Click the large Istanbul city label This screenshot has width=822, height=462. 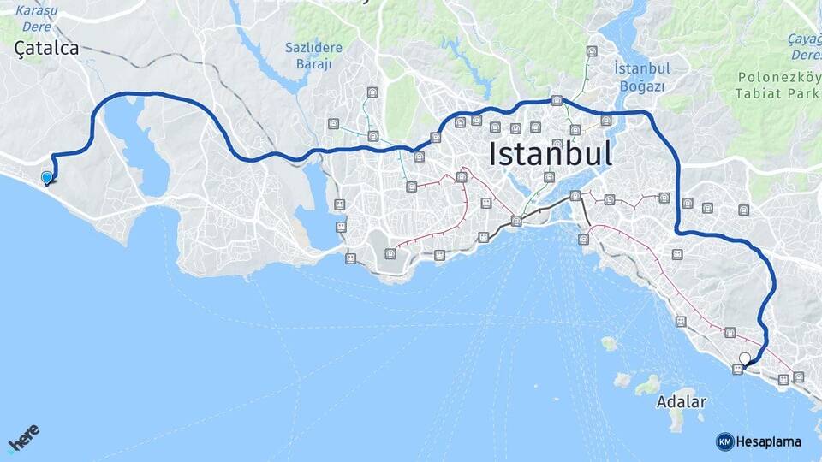click(551, 155)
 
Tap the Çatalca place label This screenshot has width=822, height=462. click(47, 49)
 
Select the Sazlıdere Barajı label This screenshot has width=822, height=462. click(313, 55)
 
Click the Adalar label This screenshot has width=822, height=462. click(682, 401)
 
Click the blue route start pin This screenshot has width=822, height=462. click(47, 178)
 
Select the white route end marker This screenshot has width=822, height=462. click(745, 359)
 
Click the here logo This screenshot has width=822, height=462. click(24, 440)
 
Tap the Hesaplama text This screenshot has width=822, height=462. click(769, 441)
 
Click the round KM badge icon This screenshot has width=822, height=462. click(724, 441)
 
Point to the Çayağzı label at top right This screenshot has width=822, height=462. click(805, 39)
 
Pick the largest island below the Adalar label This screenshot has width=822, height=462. click(677, 421)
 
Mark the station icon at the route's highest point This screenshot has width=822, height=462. click(557, 100)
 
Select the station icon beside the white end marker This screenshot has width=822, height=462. click(736, 369)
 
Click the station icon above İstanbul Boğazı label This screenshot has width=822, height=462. click(592, 51)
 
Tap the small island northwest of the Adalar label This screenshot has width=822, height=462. click(609, 343)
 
